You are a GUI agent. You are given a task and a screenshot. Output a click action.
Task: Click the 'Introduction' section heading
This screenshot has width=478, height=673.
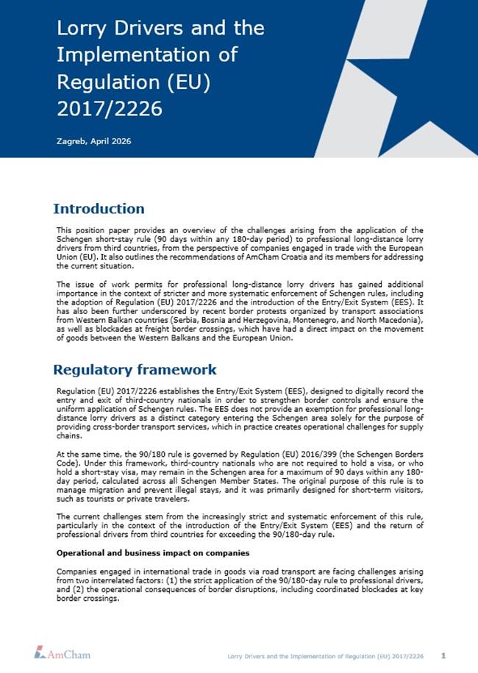tap(99, 209)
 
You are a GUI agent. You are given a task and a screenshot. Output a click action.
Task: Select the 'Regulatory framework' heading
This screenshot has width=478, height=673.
tap(135, 369)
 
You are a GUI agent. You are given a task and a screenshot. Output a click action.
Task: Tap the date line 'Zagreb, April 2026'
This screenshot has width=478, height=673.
tap(93, 140)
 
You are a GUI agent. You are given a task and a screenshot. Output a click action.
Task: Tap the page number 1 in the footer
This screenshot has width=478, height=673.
tap(443, 654)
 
